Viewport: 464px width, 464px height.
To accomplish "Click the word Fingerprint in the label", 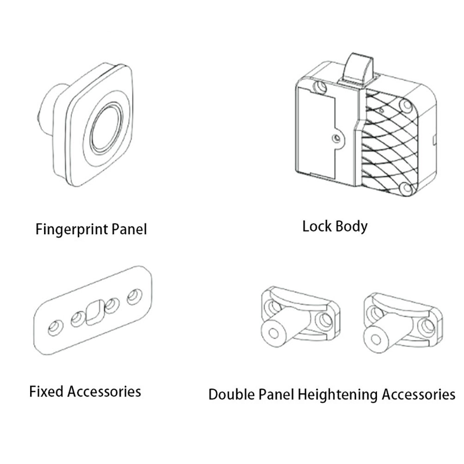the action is [x=72, y=230].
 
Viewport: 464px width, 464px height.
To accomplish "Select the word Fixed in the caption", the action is [x=46, y=391].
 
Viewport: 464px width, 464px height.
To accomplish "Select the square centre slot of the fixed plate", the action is [x=95, y=313].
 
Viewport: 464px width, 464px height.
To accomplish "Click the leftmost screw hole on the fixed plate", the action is [x=55, y=327].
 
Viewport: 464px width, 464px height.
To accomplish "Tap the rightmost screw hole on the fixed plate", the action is [x=134, y=296].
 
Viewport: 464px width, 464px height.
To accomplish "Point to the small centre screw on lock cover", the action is [x=336, y=138].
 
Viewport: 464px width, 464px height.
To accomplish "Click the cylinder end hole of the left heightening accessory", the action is [x=273, y=333].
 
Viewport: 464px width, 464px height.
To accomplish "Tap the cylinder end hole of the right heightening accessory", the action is [x=376, y=339].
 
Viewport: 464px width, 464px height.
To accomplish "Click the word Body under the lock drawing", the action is [x=352, y=226].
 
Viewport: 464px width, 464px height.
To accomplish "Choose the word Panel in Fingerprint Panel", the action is [x=129, y=230].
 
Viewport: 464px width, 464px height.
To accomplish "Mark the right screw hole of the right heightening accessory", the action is [x=426, y=326].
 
